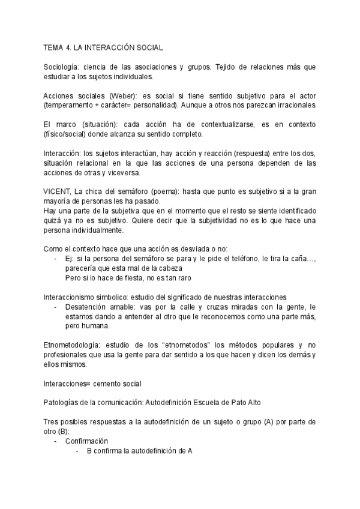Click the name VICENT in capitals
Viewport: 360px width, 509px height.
coord(57,191)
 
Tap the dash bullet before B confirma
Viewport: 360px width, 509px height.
coord(77,451)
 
